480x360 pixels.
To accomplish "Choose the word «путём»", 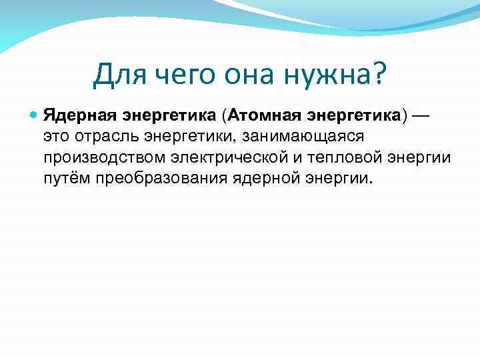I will click(67, 179).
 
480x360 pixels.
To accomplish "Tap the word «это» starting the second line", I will click(56, 136).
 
